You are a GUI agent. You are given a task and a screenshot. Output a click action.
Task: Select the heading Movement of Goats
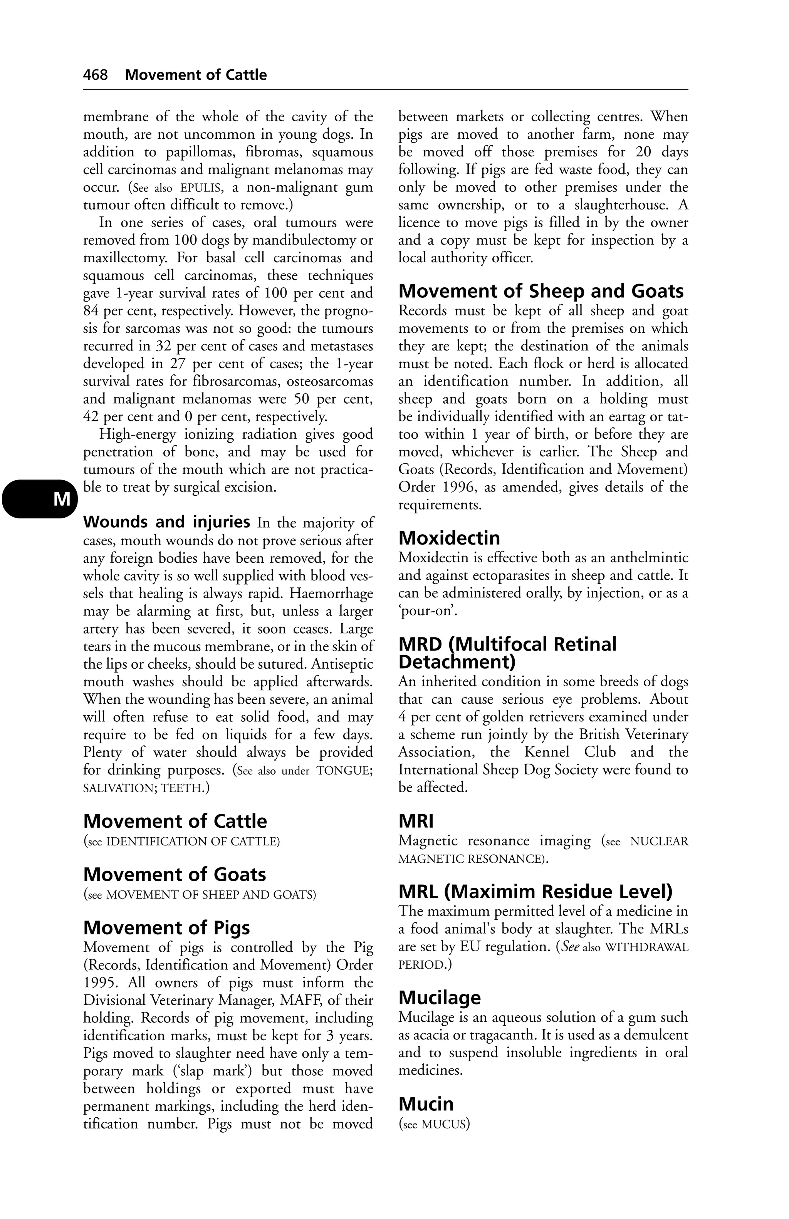[175, 874]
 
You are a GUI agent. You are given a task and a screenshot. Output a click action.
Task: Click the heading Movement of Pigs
[166, 927]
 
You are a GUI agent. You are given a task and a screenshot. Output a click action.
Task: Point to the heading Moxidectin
[449, 538]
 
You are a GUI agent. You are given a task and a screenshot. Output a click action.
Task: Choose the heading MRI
[416, 821]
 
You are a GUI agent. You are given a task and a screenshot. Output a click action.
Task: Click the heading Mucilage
[440, 997]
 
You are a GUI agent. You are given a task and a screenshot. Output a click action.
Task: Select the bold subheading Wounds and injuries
[166, 522]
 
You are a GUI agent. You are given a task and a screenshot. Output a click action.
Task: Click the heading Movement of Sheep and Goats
[541, 291]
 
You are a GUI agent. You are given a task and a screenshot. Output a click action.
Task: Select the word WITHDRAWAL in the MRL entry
[646, 947]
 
